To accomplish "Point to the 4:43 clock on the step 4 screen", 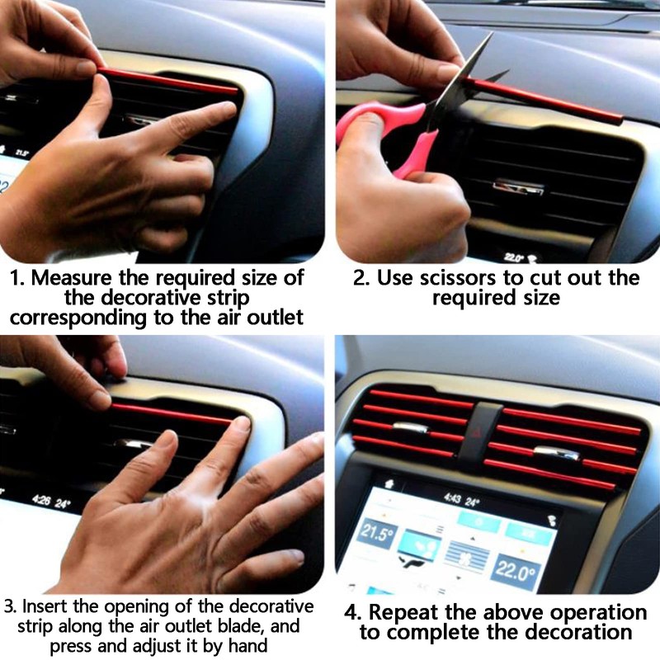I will (x=451, y=498).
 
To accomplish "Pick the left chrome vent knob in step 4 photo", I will (x=410, y=428).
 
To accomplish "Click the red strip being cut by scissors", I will (x=561, y=103).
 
